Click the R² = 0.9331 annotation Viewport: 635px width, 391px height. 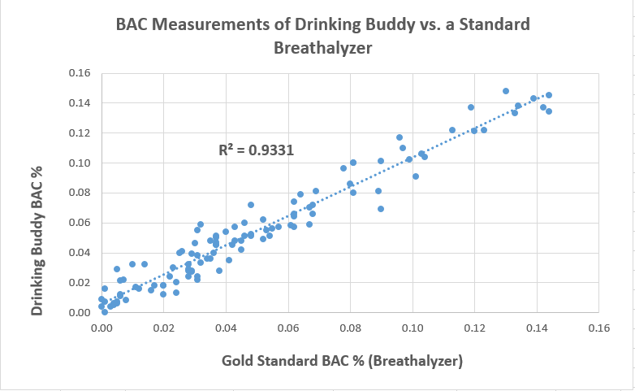click(256, 150)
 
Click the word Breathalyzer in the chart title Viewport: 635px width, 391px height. click(323, 48)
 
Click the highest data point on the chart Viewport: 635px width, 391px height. click(506, 91)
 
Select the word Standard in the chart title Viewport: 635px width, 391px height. click(490, 24)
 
